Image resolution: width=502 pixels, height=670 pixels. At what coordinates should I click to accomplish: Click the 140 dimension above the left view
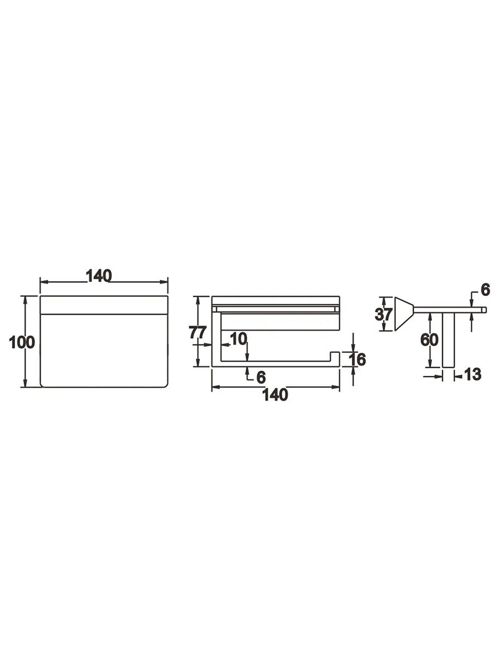(x=99, y=276)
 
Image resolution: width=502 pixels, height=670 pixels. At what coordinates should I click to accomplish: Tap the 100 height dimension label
(x=22, y=342)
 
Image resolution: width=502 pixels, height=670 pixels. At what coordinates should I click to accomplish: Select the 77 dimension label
(x=198, y=332)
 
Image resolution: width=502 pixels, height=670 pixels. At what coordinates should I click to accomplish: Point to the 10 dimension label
(x=238, y=339)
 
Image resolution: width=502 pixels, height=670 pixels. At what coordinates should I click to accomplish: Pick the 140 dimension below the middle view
(x=275, y=395)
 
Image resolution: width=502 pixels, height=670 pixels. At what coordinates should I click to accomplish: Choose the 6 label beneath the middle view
(x=261, y=377)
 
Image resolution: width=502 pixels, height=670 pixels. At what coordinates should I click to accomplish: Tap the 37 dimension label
(x=383, y=314)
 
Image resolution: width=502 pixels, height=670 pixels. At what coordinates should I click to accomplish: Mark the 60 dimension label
(x=429, y=339)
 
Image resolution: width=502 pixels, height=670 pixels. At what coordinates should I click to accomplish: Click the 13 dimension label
(x=472, y=374)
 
